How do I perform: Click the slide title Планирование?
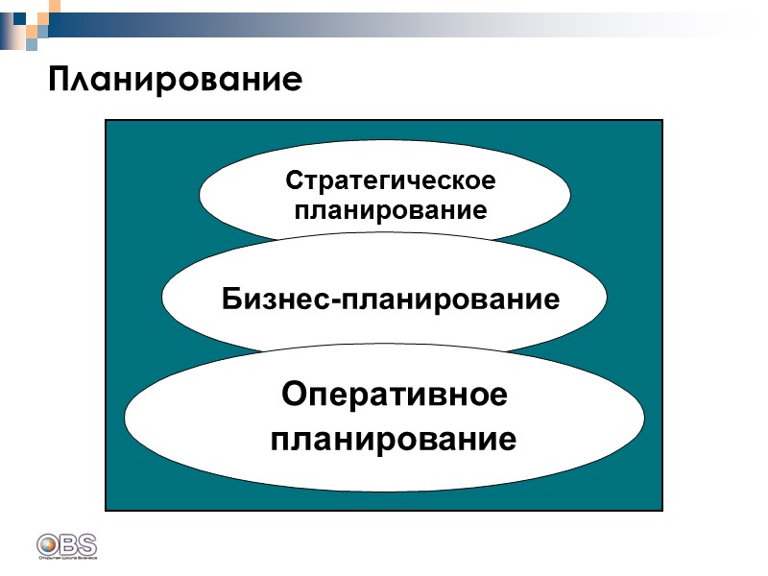click(x=176, y=78)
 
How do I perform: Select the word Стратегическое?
click(x=390, y=180)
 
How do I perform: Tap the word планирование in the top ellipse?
click(x=390, y=210)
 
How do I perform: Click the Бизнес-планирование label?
click(x=391, y=299)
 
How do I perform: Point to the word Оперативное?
click(x=394, y=396)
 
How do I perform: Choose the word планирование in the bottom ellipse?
click(x=394, y=440)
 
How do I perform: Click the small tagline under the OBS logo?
click(x=67, y=556)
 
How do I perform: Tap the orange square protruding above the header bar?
click(x=54, y=6)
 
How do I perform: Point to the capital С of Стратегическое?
click(x=294, y=180)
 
